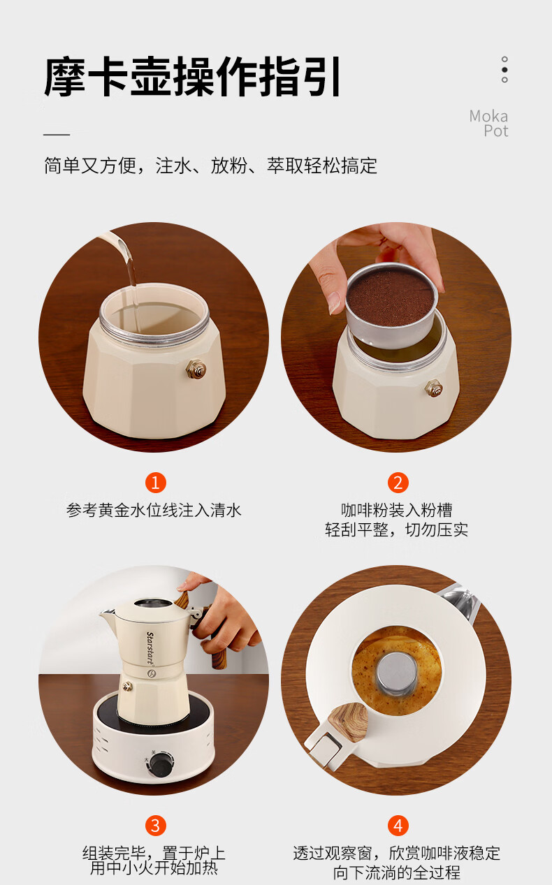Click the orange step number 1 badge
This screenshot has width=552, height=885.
(x=155, y=483)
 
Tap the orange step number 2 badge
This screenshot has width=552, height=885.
(x=398, y=483)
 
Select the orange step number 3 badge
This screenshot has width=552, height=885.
(x=155, y=826)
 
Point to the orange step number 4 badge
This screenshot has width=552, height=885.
(x=398, y=826)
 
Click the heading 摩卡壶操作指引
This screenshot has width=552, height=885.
(x=192, y=76)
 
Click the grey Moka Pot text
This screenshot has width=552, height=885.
(x=489, y=123)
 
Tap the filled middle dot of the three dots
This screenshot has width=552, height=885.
(x=504, y=70)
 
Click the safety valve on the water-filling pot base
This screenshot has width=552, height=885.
(x=196, y=370)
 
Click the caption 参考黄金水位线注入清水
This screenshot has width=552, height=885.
(x=154, y=510)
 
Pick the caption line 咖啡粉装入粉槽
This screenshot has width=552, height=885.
(x=397, y=510)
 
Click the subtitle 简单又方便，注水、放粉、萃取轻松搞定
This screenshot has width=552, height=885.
(x=210, y=166)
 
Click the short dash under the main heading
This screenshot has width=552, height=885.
(x=57, y=135)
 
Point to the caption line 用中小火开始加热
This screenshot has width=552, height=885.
(x=154, y=868)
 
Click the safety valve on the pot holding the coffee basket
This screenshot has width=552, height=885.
(x=434, y=388)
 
